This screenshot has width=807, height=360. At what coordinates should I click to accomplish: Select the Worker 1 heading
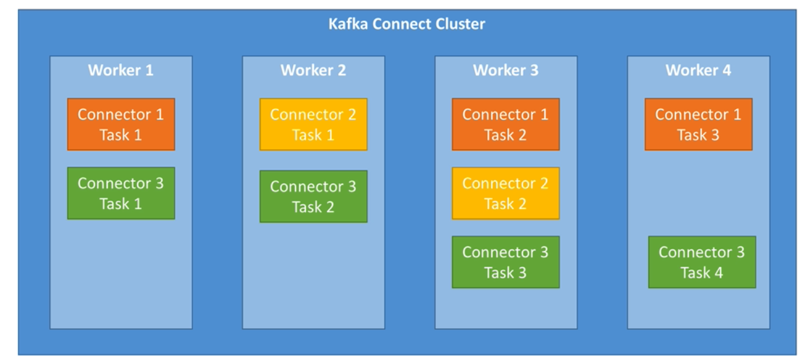120,70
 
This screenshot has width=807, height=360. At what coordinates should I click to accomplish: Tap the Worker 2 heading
313,70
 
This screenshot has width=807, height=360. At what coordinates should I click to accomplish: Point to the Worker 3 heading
506,70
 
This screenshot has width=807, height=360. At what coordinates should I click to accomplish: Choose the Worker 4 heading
698,70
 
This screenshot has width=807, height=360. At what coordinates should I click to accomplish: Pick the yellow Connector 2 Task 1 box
313,124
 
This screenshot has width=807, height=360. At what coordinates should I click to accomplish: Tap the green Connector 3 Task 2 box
313,196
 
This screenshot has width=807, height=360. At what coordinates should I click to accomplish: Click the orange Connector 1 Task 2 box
505,124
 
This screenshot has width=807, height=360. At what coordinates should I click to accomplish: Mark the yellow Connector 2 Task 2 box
505,193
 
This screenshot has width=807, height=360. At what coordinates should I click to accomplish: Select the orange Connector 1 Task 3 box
698,124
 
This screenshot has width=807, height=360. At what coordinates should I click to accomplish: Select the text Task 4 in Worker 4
702,273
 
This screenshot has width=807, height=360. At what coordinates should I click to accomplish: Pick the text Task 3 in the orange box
698,135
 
